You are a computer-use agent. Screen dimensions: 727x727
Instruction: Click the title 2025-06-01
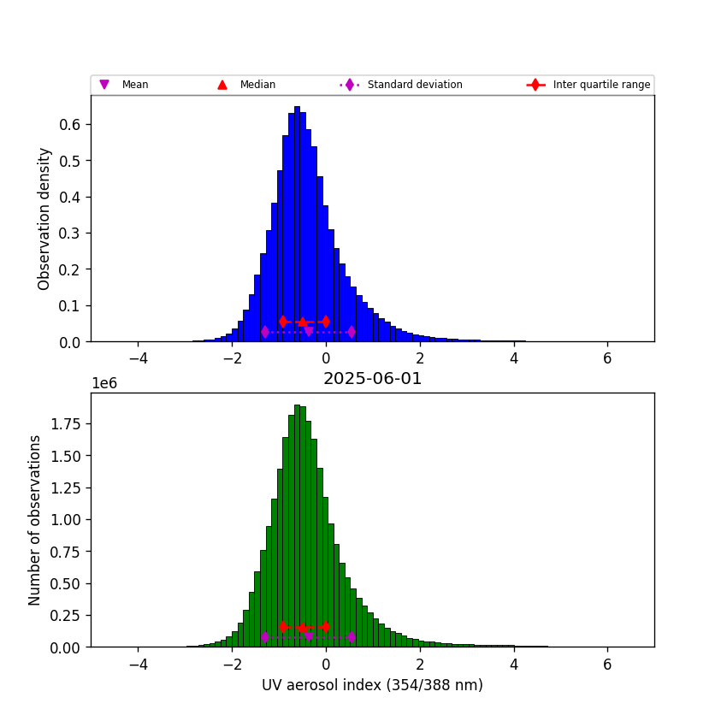click(372, 379)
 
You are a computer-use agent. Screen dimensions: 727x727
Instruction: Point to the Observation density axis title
click(44, 218)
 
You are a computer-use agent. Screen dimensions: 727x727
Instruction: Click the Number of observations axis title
click(35, 520)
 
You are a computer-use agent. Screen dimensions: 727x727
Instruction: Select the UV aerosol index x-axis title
click(372, 685)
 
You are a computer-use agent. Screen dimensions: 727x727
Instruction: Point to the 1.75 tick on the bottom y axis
click(65, 423)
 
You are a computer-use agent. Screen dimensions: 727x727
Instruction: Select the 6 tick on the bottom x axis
click(607, 664)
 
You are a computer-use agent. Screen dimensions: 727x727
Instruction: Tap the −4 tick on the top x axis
click(137, 358)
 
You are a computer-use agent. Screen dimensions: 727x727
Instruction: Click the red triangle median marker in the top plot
click(302, 322)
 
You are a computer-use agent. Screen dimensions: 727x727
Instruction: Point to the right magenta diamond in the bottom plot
click(352, 637)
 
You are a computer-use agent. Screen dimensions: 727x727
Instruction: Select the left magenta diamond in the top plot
click(265, 332)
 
